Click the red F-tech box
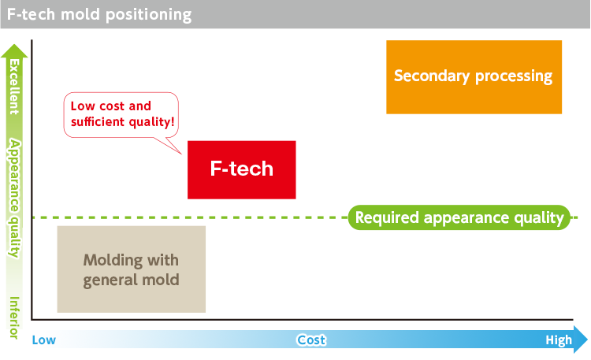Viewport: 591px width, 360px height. pos(241,169)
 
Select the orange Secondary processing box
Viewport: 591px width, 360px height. pos(474,76)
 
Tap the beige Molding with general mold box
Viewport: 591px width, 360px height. pos(132,269)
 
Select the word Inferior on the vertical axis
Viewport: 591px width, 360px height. pos(13,317)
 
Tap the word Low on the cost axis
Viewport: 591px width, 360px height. pos(44,340)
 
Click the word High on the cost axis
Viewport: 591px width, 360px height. pos(559,340)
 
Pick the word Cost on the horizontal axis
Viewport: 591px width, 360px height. pos(311,340)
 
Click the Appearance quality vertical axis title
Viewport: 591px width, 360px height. pos(13,197)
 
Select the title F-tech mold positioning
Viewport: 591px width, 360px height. pos(98,14)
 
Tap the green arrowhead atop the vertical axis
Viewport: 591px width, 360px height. pos(14,51)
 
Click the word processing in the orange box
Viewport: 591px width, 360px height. pos(513,76)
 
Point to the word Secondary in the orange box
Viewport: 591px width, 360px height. pos(431,76)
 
